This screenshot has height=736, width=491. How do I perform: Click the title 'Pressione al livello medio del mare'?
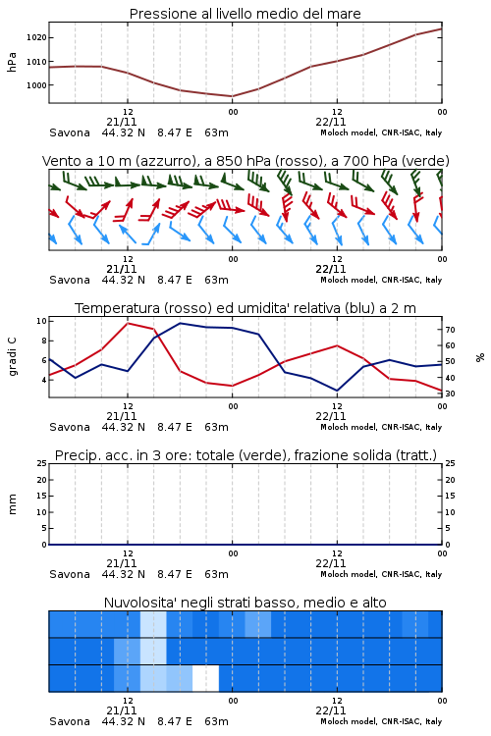coord(245,14)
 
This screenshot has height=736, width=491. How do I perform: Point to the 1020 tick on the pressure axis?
coord(36,37)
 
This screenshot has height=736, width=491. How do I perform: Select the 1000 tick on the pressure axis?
coord(36,85)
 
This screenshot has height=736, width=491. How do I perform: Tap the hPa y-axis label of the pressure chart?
coord(12,62)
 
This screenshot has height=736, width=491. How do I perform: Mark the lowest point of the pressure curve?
coord(232,96)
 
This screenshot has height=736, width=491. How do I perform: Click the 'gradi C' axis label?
coord(12,357)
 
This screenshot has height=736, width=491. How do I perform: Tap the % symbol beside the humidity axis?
coord(480,357)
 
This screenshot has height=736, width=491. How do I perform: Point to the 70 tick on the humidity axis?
coord(450,330)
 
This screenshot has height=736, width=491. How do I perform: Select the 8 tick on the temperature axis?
coord(44,341)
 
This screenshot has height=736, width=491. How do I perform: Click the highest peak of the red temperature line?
coord(128,323)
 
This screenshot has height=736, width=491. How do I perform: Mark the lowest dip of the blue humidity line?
coord(337,391)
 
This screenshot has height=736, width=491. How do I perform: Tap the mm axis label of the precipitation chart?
coord(12,504)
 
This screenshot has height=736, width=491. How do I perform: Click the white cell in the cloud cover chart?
coord(206,678)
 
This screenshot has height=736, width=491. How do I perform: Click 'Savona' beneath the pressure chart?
coord(70,132)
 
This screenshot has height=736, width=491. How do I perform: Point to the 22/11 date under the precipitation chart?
coord(331,563)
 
